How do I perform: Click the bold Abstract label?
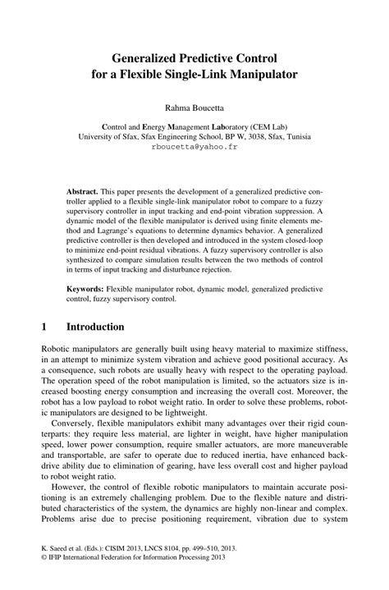82,190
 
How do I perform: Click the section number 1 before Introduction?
43,327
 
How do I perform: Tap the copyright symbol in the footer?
43,577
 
